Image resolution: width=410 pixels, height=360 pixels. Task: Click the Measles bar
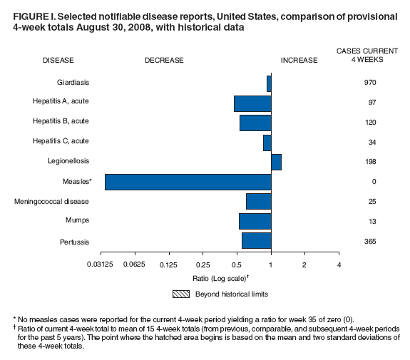188,182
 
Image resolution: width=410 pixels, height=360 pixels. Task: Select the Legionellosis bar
276,162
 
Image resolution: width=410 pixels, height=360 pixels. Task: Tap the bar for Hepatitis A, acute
252,103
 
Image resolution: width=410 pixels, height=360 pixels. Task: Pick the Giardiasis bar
269,83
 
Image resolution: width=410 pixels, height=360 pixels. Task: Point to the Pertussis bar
256,241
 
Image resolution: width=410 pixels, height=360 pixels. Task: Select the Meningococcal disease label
61,202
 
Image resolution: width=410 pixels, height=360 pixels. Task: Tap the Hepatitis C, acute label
61,142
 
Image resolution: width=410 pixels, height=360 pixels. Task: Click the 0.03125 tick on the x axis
101,264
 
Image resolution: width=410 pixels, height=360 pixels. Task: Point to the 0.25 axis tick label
203,264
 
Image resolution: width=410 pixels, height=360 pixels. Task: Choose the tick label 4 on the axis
339,264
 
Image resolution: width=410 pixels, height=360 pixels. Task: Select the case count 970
369,83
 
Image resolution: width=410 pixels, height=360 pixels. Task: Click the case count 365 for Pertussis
369,242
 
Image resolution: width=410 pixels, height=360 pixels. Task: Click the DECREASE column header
164,61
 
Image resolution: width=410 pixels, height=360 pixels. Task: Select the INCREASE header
299,61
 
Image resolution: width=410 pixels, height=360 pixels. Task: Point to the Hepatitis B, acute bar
255,123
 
